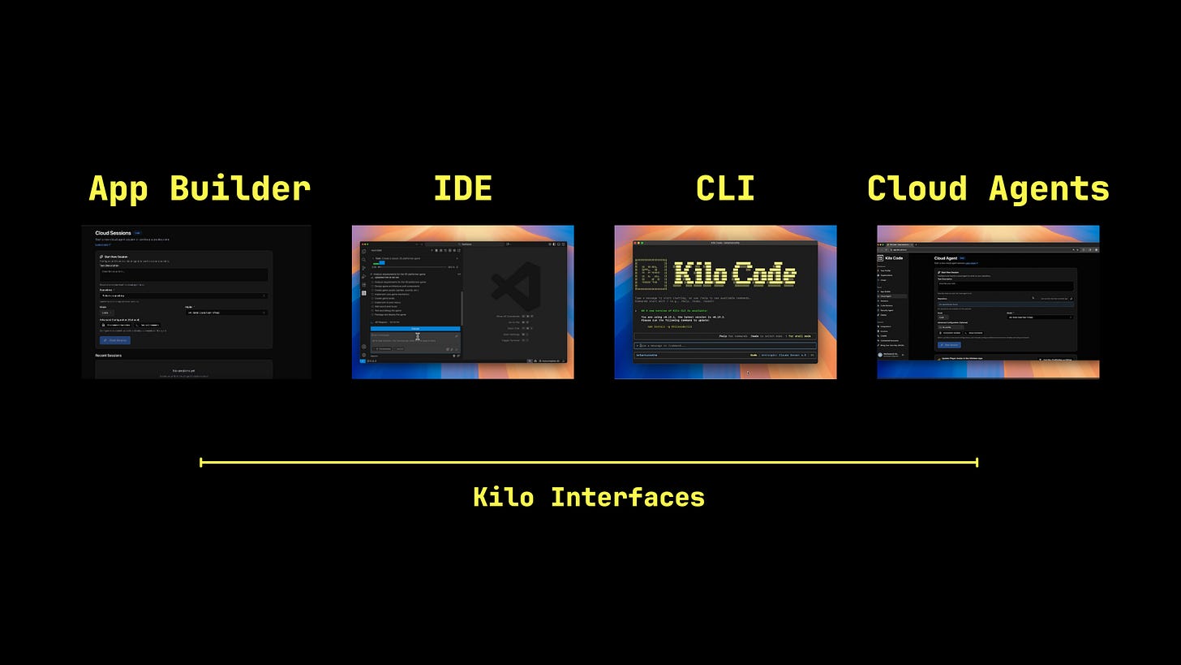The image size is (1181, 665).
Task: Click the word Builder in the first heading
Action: click(x=240, y=189)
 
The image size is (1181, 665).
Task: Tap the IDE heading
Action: click(x=462, y=189)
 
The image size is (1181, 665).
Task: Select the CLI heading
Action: click(x=725, y=189)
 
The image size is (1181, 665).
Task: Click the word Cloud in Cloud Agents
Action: click(x=917, y=189)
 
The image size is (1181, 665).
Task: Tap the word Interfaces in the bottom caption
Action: click(x=628, y=497)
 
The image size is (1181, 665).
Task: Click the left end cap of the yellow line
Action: click(x=201, y=463)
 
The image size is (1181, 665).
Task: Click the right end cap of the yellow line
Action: click(x=977, y=463)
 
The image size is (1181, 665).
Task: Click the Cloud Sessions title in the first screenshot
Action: click(x=113, y=233)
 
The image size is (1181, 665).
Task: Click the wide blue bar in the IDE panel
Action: click(x=415, y=329)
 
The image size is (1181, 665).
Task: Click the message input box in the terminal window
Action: click(x=725, y=346)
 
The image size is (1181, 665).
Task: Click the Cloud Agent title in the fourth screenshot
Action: click(x=946, y=258)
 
